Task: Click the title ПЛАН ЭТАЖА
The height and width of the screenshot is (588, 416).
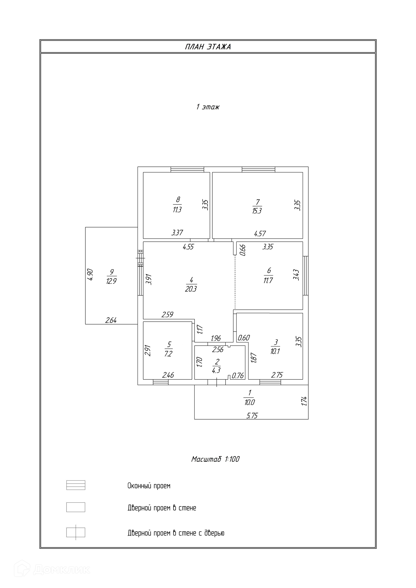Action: point(208,47)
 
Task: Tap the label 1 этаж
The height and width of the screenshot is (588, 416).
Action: point(208,107)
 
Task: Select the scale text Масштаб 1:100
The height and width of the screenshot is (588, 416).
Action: point(215,459)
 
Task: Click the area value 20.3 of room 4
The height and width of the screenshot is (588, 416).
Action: point(191,289)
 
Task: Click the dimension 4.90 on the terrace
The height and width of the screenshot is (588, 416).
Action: point(90,275)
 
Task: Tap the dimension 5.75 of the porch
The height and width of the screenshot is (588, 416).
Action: point(252,415)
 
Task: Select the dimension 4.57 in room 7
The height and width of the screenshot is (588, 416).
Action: point(260,233)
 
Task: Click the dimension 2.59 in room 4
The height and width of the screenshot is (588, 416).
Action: point(167,314)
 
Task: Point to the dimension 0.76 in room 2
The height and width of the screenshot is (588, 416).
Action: point(238,376)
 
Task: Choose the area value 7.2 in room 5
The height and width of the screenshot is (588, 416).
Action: point(168,354)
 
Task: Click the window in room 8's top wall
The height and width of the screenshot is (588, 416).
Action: point(187,169)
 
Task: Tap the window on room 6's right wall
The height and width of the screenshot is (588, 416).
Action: point(305,276)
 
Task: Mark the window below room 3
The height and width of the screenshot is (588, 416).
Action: point(270,382)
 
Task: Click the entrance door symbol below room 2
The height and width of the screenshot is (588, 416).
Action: point(216,382)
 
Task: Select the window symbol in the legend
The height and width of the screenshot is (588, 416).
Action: point(76,485)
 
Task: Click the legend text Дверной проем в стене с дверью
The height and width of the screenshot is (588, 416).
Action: point(176,533)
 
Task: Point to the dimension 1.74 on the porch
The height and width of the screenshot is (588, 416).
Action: point(304,401)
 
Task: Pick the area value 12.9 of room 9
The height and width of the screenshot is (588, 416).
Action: point(111,281)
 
